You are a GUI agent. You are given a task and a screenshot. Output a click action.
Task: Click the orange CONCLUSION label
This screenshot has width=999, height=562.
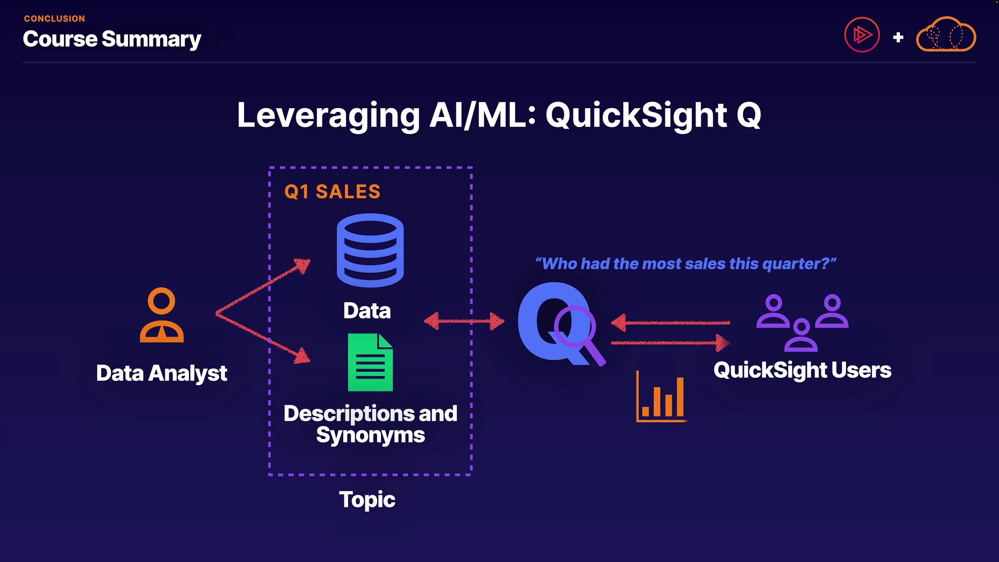(x=54, y=19)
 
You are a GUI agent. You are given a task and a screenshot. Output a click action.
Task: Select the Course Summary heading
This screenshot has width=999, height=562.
(x=112, y=40)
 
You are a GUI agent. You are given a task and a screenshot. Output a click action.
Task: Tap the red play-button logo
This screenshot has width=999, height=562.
(x=862, y=35)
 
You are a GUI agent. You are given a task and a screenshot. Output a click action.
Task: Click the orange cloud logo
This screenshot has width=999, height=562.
(x=945, y=35)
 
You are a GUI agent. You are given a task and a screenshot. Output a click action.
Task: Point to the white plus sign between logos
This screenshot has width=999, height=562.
(x=898, y=37)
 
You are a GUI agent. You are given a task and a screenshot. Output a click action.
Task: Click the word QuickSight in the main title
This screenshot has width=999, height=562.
(x=636, y=115)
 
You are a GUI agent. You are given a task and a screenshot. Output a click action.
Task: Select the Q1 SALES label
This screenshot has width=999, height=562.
(x=332, y=192)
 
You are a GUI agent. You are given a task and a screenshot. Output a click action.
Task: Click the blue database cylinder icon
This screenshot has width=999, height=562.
(x=370, y=250)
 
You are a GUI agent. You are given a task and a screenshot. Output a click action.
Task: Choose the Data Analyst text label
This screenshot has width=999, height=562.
(x=161, y=374)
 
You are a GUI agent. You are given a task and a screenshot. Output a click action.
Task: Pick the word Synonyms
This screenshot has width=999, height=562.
(x=370, y=436)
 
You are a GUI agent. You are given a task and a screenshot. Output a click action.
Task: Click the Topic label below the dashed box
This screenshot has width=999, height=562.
(x=367, y=500)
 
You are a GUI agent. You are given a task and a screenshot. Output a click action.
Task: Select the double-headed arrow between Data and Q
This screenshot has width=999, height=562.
(x=464, y=321)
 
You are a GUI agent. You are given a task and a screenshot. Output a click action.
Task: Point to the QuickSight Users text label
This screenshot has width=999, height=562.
(x=802, y=371)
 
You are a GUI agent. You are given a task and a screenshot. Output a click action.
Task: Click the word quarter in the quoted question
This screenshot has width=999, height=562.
(x=795, y=264)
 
